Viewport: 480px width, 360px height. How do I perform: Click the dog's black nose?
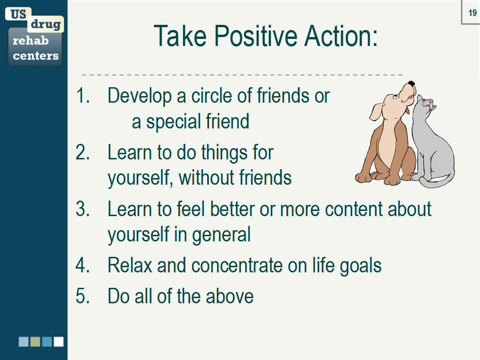point(411,85)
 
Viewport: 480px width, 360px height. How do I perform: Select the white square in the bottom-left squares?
point(59,342)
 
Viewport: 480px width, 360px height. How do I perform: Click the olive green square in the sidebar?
point(35,342)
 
